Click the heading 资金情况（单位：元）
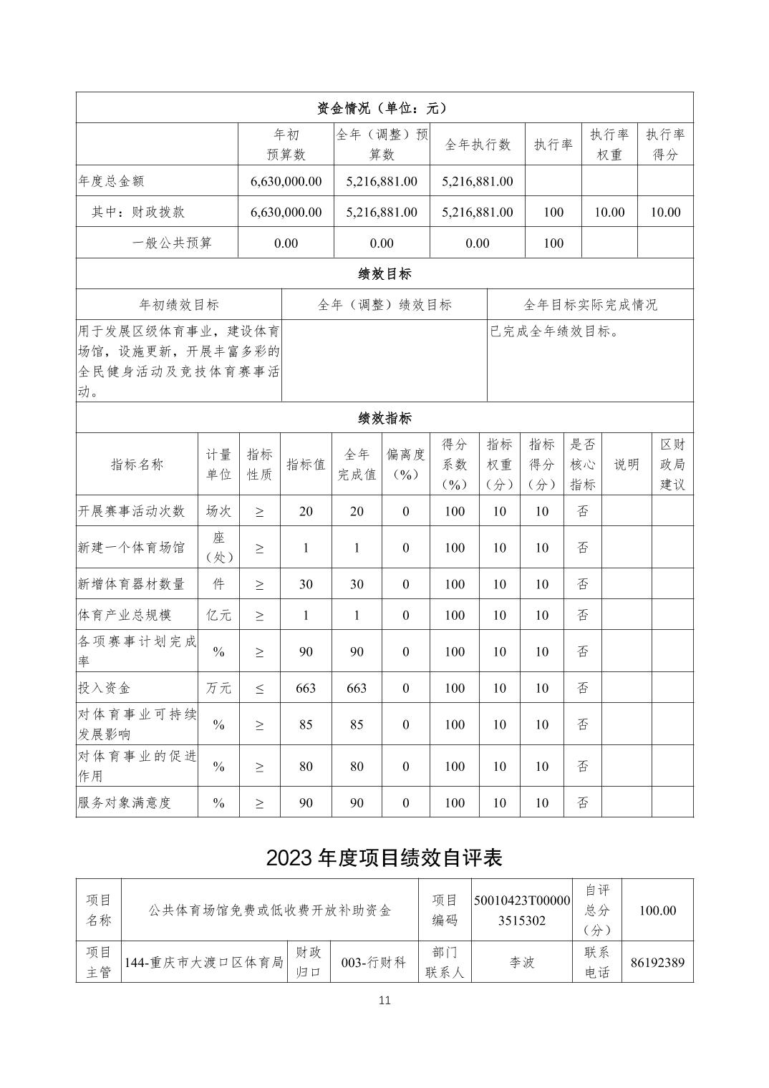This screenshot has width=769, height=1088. click(384, 108)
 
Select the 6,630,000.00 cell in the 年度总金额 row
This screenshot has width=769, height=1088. click(286, 181)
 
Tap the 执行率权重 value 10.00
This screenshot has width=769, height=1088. click(609, 212)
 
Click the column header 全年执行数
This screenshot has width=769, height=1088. click(478, 145)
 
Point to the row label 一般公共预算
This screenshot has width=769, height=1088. click(172, 243)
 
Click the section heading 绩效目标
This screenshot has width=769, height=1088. click(384, 273)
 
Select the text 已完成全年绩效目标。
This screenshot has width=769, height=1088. click(555, 331)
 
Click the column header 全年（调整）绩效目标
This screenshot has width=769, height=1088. click(384, 304)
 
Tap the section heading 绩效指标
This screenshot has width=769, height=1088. click(384, 418)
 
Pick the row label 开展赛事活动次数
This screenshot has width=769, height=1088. click(132, 511)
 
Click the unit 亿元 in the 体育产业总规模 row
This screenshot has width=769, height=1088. click(218, 615)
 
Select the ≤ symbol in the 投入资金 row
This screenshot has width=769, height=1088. click(259, 688)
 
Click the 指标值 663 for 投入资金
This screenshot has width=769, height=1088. click(306, 688)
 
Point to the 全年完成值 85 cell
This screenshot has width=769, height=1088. click(357, 724)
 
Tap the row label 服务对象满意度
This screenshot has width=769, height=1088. click(125, 802)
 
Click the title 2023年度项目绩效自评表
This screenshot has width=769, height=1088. click(384, 858)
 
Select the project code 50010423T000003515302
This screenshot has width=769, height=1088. click(522, 910)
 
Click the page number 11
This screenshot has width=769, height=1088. click(384, 1000)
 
